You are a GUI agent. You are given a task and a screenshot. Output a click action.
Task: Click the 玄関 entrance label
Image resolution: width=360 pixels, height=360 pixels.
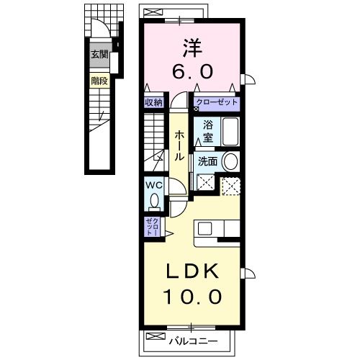(99, 55)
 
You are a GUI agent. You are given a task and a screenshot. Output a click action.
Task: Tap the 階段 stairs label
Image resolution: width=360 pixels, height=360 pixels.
(99, 81)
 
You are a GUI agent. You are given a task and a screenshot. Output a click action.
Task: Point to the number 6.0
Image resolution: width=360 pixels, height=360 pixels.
(191, 73)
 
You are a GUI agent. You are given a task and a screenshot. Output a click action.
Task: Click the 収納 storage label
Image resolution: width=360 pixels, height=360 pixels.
(153, 103)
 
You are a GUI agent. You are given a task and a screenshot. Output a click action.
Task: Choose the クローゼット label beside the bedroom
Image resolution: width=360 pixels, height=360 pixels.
(216, 103)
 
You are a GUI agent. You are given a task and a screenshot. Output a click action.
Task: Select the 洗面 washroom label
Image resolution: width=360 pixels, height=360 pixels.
(207, 161)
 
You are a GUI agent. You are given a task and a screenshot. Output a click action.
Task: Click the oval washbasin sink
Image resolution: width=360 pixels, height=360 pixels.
(230, 161)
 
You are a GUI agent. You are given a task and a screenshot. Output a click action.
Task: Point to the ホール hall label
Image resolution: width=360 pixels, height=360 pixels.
(177, 146)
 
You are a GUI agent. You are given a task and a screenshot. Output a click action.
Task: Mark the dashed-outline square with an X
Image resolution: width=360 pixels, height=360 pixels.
(230, 185)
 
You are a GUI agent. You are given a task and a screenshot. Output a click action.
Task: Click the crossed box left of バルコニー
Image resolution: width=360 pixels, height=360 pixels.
(153, 336)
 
